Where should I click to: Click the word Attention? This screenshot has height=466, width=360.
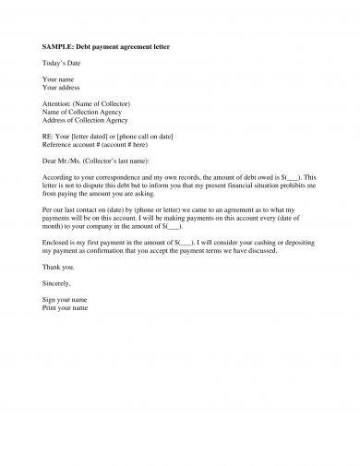59,104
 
